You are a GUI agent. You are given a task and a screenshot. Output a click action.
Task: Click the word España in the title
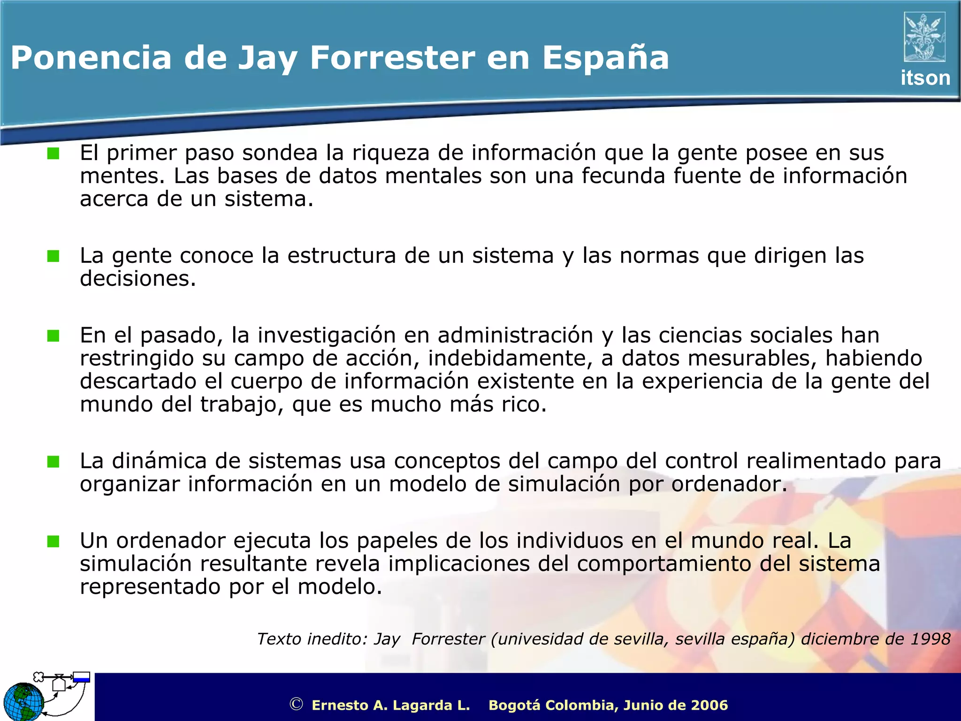coord(605,58)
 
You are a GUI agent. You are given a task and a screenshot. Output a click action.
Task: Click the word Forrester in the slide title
coord(392,58)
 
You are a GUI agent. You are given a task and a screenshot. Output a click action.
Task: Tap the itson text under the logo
coord(925,78)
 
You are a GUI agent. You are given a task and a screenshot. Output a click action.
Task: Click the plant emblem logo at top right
coord(924,37)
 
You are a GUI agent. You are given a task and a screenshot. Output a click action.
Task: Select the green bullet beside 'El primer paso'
coord(53,153)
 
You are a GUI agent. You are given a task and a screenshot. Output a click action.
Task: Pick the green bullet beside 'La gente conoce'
coord(53,256)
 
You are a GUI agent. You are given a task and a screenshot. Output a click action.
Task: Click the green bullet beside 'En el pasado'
coord(53,336)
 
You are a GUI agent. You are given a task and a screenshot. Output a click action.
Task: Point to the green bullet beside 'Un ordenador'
coord(53,541)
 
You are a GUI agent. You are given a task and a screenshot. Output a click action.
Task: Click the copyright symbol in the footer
coord(296,704)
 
